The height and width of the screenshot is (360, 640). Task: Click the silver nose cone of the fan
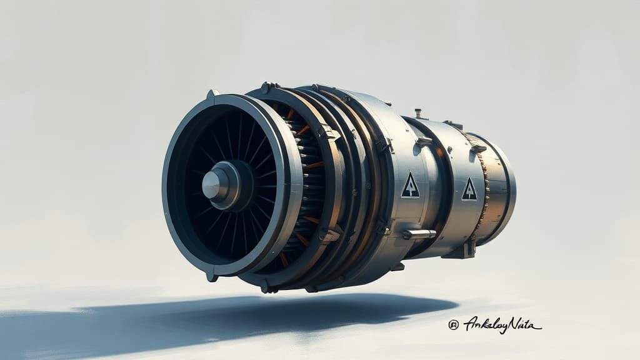coord(211,184)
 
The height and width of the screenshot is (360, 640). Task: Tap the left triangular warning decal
coord(410,186)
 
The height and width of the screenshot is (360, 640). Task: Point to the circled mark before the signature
coord(453,324)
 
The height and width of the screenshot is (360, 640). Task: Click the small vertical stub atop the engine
coord(417,113)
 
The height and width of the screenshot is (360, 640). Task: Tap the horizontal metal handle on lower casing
coord(419,234)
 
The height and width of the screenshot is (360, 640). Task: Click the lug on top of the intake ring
coord(212,94)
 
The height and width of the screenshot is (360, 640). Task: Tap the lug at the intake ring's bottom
coord(212,276)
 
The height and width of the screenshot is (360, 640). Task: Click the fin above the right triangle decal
coord(478,149)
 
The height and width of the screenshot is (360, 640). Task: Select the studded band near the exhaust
coord(483,187)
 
